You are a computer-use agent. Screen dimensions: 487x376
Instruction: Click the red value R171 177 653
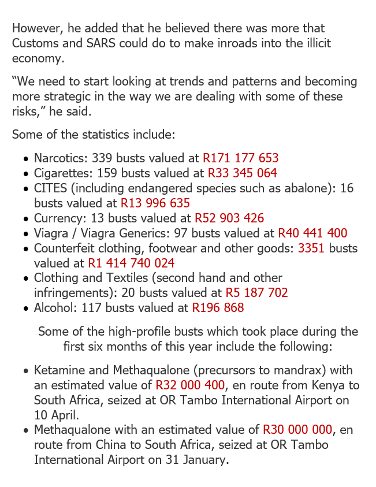pos(240,158)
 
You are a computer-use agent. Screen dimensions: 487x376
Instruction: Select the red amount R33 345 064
pos(242,173)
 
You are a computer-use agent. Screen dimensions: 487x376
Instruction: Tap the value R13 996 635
pos(155,203)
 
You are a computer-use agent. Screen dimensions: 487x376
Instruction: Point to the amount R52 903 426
pos(229,218)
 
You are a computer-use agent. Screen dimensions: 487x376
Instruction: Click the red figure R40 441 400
pos(312,233)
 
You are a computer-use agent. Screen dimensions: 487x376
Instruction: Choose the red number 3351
pos(312,248)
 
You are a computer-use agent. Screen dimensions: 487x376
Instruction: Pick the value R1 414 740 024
pos(131,263)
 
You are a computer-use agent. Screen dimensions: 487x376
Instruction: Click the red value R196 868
pos(218,308)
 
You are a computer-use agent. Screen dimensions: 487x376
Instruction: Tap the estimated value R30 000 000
pos(297,430)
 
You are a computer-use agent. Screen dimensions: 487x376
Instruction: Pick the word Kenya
pos(329,385)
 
